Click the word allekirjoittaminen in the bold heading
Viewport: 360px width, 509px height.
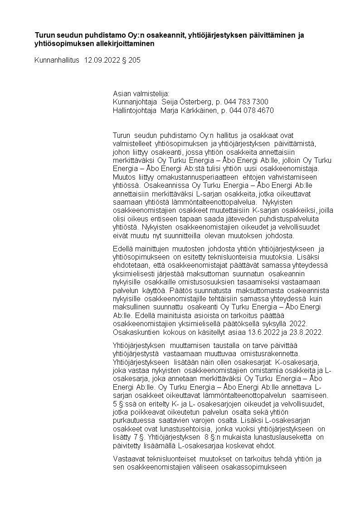[124, 44]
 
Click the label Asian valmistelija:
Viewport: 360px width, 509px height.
[141, 93]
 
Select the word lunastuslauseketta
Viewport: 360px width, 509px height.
[271, 437]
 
